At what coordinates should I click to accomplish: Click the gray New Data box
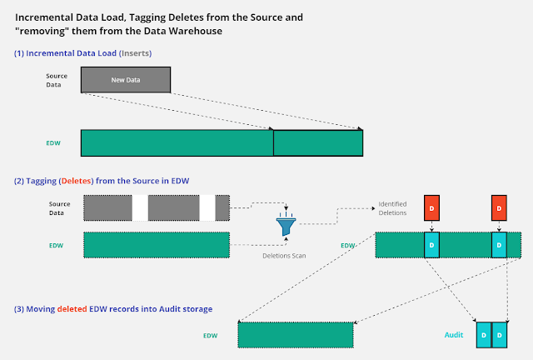point(126,80)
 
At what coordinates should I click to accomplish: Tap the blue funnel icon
point(286,224)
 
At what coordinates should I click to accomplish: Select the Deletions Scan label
point(284,256)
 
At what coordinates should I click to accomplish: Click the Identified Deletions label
point(392,208)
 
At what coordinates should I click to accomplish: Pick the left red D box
point(431,207)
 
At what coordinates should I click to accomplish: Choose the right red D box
point(499,207)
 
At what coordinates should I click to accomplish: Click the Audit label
point(454,335)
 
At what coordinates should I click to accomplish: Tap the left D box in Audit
point(484,335)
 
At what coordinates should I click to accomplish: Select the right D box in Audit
point(500,335)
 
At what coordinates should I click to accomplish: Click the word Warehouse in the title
point(196,31)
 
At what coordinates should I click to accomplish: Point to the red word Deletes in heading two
point(76,181)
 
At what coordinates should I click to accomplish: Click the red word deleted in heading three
point(72,309)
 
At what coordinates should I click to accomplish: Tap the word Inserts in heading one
point(135,53)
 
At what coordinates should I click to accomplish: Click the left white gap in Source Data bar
point(140,207)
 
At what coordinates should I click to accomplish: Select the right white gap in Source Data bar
point(207,207)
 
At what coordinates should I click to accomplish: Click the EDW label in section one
point(53,143)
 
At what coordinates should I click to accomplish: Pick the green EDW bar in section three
point(296,335)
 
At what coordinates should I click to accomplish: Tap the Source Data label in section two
point(59,208)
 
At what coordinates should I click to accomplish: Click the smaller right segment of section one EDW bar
point(318,143)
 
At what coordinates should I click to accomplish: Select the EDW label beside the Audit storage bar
point(211,336)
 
